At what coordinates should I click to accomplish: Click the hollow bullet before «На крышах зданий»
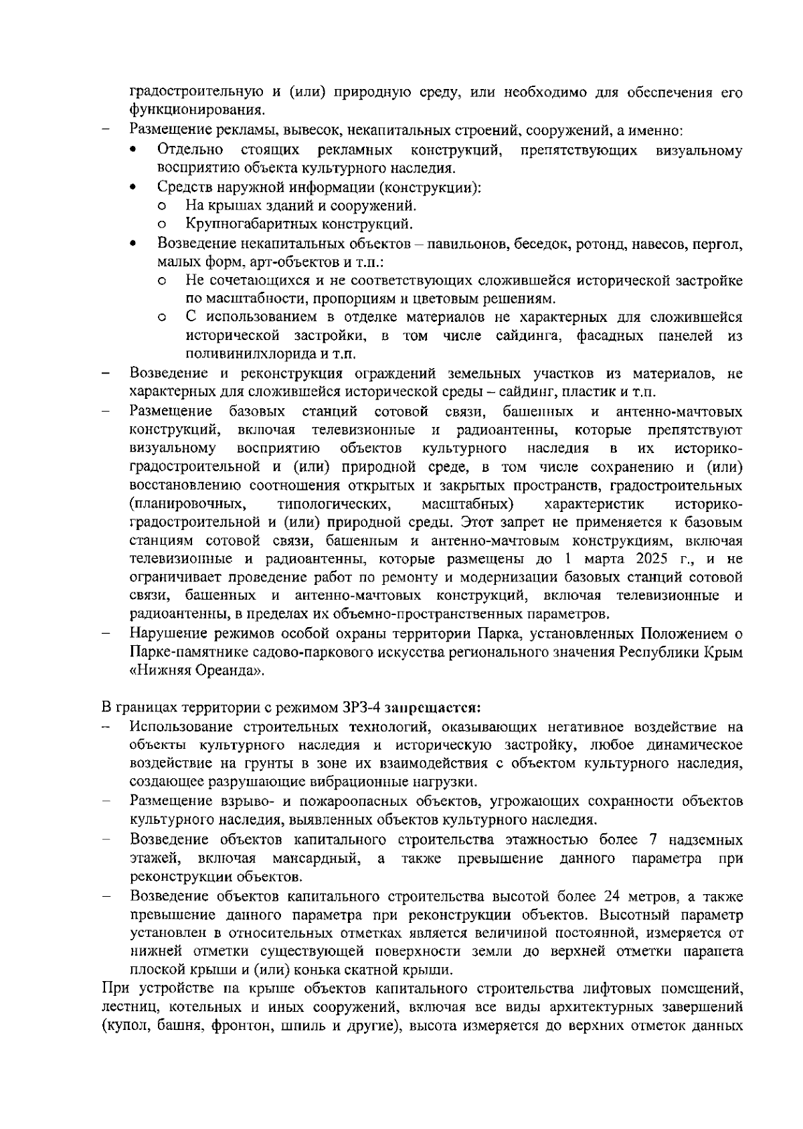point(162,207)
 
